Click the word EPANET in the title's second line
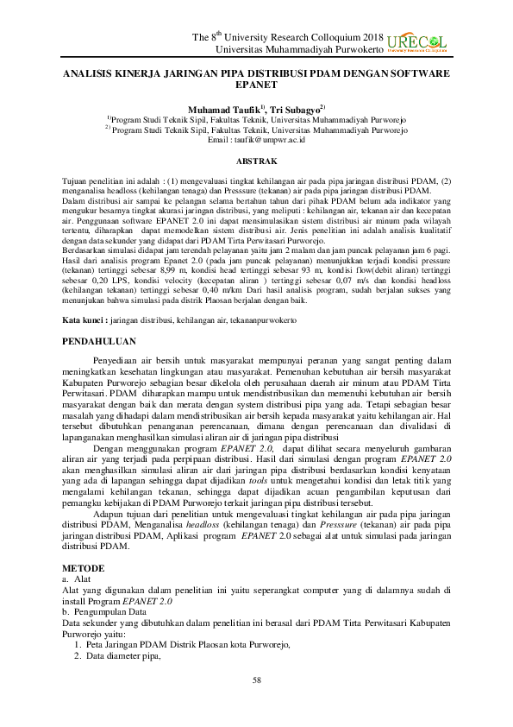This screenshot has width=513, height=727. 257,87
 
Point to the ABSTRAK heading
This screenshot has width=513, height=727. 256,161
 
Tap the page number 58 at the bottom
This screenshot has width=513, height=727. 256,680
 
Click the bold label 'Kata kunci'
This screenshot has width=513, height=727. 83,319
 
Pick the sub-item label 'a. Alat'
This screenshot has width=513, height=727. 76,578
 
